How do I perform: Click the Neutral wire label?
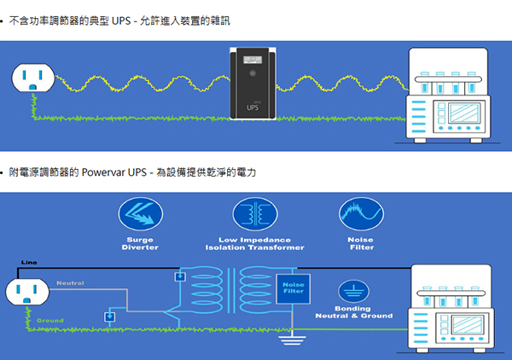point(71,282)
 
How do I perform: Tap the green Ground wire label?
point(49,321)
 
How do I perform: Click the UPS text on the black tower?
point(253,108)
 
